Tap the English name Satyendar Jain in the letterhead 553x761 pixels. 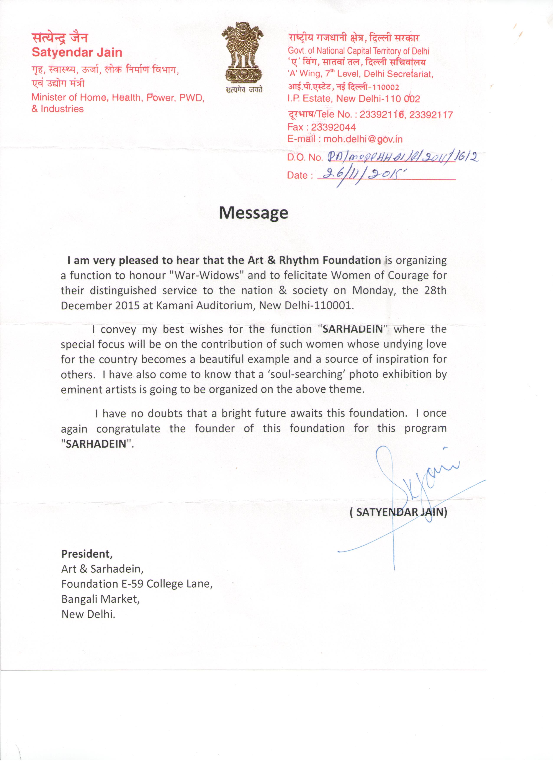tap(77, 52)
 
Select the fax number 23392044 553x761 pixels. tap(333, 127)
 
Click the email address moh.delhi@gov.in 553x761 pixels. tap(363, 139)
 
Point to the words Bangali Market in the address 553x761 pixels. tap(100, 599)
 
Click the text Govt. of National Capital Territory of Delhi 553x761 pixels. tap(358, 51)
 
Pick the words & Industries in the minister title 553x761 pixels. tap(57, 109)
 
